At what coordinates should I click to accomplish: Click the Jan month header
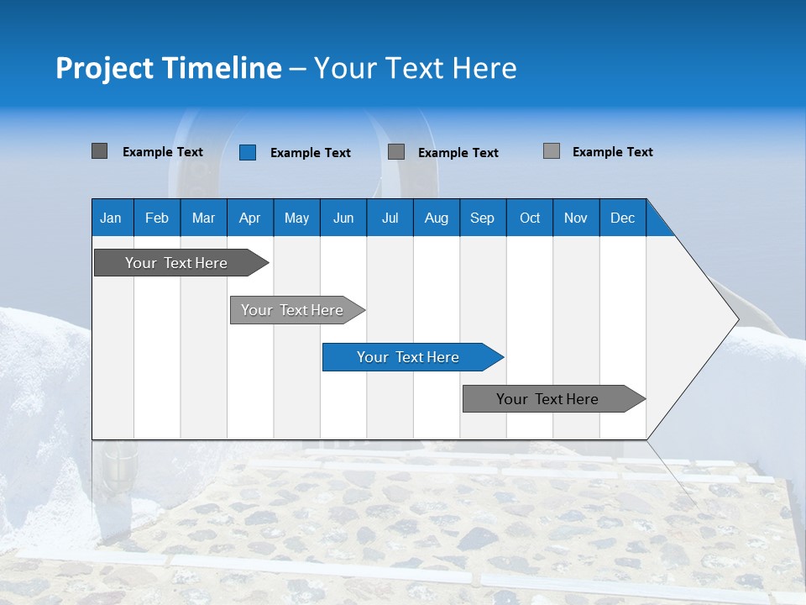coord(111,218)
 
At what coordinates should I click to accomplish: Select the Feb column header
coord(157,218)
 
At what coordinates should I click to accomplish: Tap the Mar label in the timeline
coord(203,218)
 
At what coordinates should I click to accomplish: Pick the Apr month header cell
coord(249,218)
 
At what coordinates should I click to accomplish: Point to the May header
coord(296,218)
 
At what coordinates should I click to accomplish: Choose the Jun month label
coord(343,218)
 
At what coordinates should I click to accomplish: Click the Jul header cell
coord(390,218)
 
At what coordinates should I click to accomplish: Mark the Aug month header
coord(436,218)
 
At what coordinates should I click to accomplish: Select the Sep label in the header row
coord(482,218)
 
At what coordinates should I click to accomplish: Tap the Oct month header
coord(530,218)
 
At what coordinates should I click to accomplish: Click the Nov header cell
coord(576,218)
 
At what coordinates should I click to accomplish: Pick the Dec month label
coord(622,218)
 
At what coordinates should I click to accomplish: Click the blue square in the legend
coord(248,152)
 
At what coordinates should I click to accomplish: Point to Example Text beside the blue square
coord(310,153)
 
